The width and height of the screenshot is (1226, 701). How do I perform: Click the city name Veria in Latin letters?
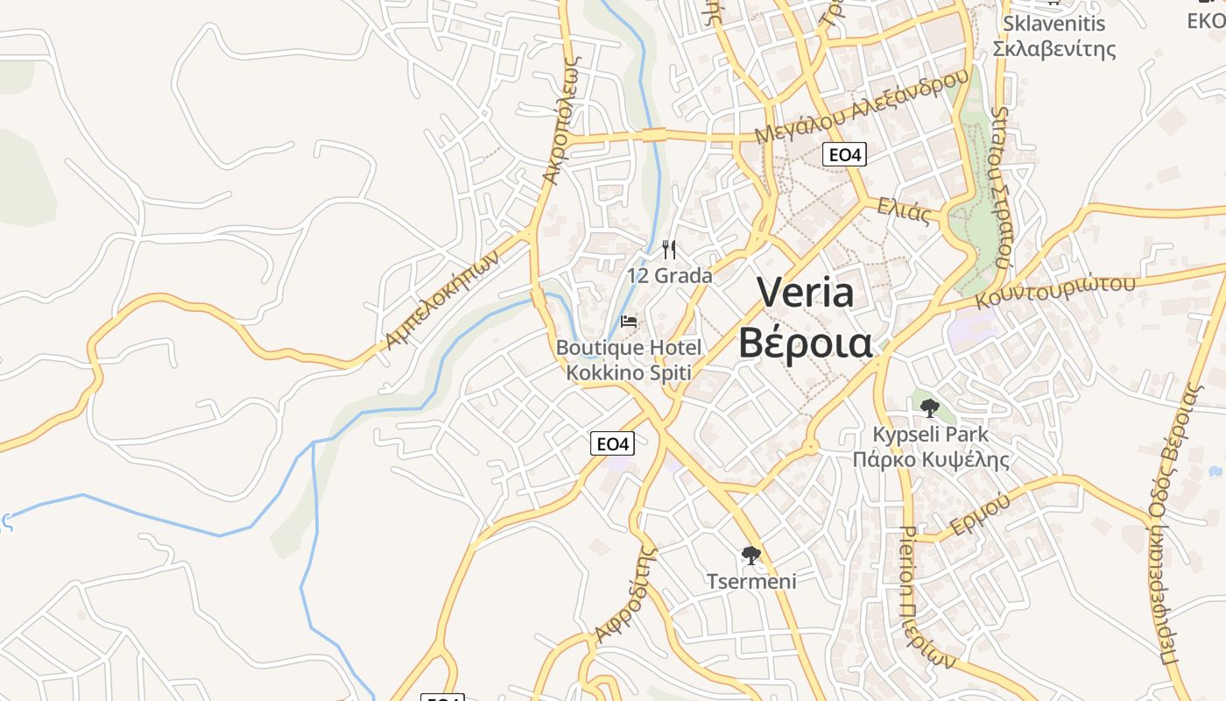(x=805, y=292)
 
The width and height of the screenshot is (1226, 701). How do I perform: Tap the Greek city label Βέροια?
(x=805, y=343)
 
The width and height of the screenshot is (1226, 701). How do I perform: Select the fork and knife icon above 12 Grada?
(x=669, y=250)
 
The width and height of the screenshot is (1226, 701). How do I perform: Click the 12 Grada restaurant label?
(x=669, y=275)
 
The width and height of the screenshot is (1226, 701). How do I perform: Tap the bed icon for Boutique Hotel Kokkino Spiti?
(x=629, y=322)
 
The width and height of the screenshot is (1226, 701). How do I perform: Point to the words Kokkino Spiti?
(x=629, y=372)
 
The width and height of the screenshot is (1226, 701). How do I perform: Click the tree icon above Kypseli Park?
(x=930, y=407)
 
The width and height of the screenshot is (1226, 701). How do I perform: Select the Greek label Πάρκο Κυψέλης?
(x=931, y=459)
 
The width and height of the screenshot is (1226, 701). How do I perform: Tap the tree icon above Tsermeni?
(x=750, y=555)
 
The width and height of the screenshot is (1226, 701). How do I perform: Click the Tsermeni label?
(x=751, y=580)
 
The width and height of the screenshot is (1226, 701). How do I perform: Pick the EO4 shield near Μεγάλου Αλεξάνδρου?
(x=845, y=155)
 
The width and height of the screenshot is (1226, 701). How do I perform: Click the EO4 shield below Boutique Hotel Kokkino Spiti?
(x=612, y=443)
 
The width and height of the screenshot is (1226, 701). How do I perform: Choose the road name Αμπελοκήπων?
(x=442, y=299)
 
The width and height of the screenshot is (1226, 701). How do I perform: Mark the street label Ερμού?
(x=980, y=515)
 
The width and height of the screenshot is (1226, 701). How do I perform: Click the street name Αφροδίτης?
(x=625, y=594)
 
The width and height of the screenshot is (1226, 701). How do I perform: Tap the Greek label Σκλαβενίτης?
(x=1054, y=48)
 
